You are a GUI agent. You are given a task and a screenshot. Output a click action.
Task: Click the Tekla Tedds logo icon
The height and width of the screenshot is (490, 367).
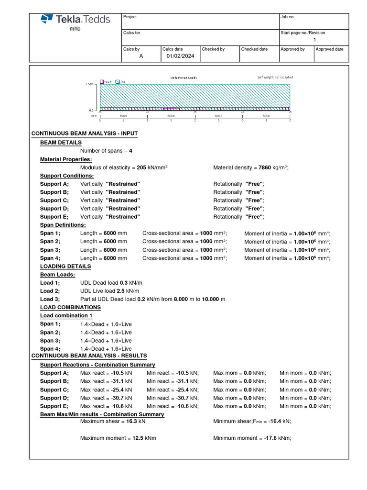pyautogui.click(x=47, y=19)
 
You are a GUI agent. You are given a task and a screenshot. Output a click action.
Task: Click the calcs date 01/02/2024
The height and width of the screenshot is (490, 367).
pyautogui.click(x=181, y=56)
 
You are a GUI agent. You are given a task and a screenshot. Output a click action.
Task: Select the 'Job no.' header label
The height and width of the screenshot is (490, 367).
pyautogui.click(x=288, y=17)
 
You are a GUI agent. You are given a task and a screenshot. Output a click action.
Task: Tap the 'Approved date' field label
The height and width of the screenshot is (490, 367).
pyautogui.click(x=330, y=49)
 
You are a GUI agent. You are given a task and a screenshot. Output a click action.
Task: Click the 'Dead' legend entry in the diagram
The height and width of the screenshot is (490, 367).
pyautogui.click(x=106, y=82)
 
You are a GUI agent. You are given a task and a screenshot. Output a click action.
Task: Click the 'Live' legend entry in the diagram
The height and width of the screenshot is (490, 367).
pyautogui.click(x=121, y=82)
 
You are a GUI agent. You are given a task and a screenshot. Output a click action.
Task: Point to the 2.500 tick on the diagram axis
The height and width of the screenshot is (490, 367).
pyautogui.click(x=89, y=84)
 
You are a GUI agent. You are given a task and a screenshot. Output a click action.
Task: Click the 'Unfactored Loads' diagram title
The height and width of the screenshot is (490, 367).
pyautogui.click(x=183, y=78)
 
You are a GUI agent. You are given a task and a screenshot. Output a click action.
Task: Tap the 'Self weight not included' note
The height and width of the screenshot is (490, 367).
pyautogui.click(x=275, y=77)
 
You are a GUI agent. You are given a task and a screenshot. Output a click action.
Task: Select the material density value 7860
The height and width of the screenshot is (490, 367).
pyautogui.click(x=265, y=167)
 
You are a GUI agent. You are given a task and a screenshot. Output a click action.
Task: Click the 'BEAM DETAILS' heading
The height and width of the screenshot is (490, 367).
pyautogui.click(x=61, y=143)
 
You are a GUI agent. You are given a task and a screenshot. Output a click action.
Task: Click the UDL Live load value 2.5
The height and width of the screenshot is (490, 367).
pyautogui.click(x=121, y=291)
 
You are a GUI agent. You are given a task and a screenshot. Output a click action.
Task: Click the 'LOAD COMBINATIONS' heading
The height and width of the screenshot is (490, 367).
pyautogui.click(x=70, y=307)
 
